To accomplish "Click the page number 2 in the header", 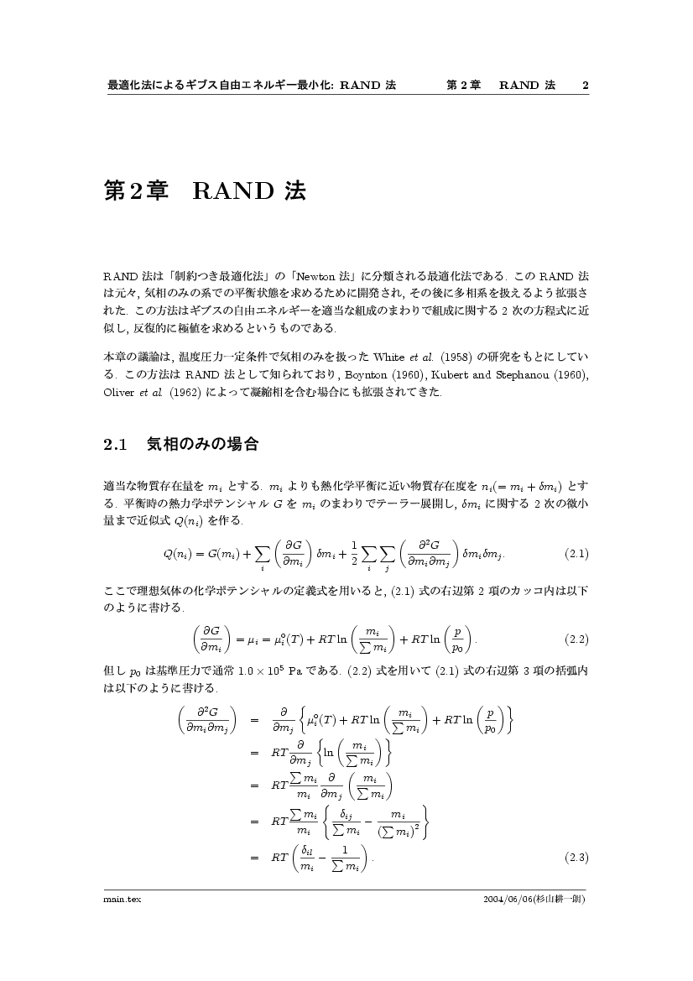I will coord(585,86).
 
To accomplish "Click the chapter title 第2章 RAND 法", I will coord(205,191).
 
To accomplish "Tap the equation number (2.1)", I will coord(576,554).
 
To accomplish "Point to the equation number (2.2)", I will coord(576,639).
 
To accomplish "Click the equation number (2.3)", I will coord(576,857).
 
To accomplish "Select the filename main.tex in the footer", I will coord(122,899).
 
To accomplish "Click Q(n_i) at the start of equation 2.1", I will coord(180,554).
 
